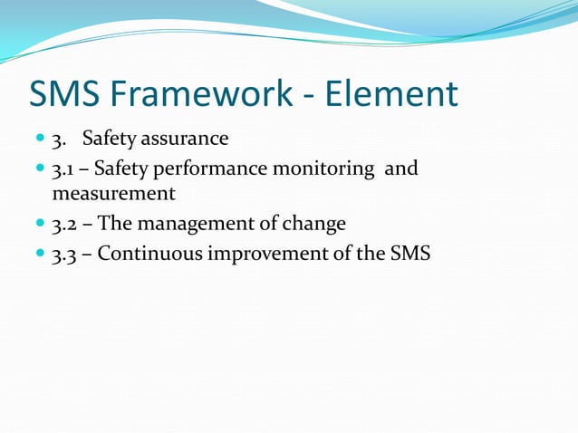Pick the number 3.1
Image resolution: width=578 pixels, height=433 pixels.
(x=63, y=168)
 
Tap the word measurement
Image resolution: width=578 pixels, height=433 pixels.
(x=113, y=194)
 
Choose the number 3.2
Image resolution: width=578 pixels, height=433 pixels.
(x=63, y=223)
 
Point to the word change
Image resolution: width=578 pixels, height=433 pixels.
(x=316, y=223)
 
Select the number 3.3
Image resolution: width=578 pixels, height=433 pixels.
(x=63, y=253)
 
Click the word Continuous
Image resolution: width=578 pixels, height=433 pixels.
(x=150, y=253)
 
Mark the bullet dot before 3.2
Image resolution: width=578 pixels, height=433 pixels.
(x=40, y=224)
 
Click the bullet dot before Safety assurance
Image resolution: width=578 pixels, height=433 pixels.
(x=40, y=140)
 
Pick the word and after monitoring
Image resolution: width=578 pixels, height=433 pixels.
(x=401, y=168)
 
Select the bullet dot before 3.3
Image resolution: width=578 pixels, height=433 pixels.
(x=40, y=254)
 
